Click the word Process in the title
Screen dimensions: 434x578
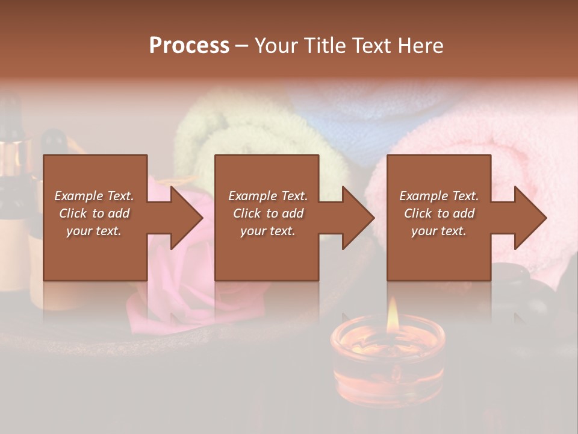pyautogui.click(x=189, y=46)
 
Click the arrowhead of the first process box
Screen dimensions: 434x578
pyautogui.click(x=186, y=218)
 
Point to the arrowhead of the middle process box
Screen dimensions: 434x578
pyautogui.click(x=358, y=218)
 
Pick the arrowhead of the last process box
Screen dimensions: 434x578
pyautogui.click(x=530, y=218)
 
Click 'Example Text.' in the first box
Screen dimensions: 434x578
pyautogui.click(x=95, y=196)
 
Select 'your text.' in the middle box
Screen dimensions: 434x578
pyautogui.click(x=267, y=231)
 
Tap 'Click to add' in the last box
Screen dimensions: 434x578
pyautogui.click(x=439, y=213)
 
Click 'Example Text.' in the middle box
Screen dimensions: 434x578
pyautogui.click(x=267, y=196)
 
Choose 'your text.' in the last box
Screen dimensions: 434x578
pyautogui.click(x=439, y=231)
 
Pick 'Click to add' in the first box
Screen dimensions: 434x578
pyautogui.click(x=95, y=213)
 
